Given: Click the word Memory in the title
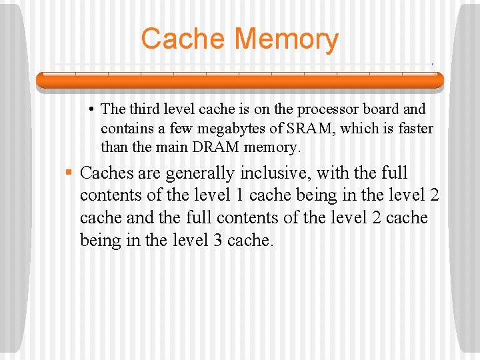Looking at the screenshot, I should click(287, 39).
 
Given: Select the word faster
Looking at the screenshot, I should click(413, 127).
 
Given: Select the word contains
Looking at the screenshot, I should click(126, 127).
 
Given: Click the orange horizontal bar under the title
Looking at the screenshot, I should click(239, 80).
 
